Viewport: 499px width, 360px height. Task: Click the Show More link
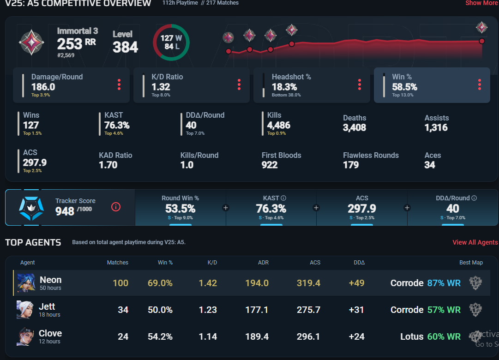[481, 3]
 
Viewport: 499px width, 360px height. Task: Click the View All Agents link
[475, 242]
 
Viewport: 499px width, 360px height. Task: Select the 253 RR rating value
[77, 44]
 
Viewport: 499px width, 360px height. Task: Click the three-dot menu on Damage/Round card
[119, 84]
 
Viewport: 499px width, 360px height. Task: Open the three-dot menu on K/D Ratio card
[239, 84]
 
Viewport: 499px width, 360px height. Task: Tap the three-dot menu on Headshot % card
[360, 84]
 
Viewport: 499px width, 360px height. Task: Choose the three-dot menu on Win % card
[480, 84]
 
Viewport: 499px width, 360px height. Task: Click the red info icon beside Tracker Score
[116, 207]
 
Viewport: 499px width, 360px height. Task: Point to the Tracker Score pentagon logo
[30, 208]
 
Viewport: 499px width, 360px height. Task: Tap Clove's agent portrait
[26, 336]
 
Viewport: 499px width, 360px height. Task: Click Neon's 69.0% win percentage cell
[160, 283]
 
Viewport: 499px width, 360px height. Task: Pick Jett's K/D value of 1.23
[208, 310]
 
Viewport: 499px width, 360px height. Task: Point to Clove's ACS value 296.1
[308, 337]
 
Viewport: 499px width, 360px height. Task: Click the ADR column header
[263, 263]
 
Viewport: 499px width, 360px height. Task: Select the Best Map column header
[471, 263]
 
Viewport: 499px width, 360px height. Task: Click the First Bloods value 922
[270, 165]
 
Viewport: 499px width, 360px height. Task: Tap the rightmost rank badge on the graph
[482, 27]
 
